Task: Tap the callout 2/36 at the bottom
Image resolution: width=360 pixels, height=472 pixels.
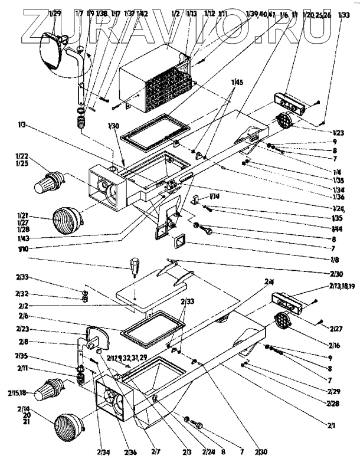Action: tap(130, 453)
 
